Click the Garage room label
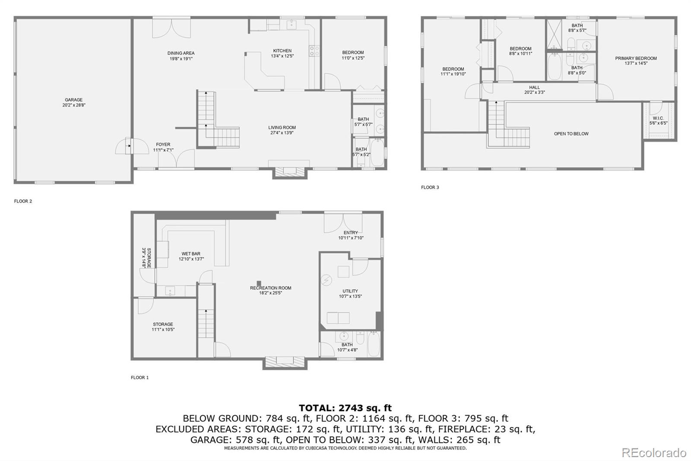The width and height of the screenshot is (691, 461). point(73,100)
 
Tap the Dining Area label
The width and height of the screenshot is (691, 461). point(181,53)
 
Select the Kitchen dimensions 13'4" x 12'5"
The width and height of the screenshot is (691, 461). point(282,56)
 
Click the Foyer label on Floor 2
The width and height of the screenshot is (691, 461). point(163,144)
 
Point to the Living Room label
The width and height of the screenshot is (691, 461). point(282,128)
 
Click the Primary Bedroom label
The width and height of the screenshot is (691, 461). point(636,58)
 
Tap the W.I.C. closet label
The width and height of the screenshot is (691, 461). point(658,118)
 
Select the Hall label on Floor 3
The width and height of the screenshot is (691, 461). point(534,87)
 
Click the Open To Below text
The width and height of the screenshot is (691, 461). point(571,134)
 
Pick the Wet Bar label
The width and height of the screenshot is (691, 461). point(191,254)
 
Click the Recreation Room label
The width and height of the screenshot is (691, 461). point(270,288)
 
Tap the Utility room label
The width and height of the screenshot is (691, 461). point(350,291)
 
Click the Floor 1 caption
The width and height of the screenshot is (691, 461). point(139,378)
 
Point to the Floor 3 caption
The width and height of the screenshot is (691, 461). point(430,187)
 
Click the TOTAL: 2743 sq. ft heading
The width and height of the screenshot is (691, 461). point(345,408)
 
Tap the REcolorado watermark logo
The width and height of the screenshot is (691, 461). point(653,453)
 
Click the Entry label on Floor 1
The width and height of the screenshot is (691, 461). point(351,233)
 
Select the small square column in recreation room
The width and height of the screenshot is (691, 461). point(259,283)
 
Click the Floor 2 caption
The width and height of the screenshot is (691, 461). point(23,201)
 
